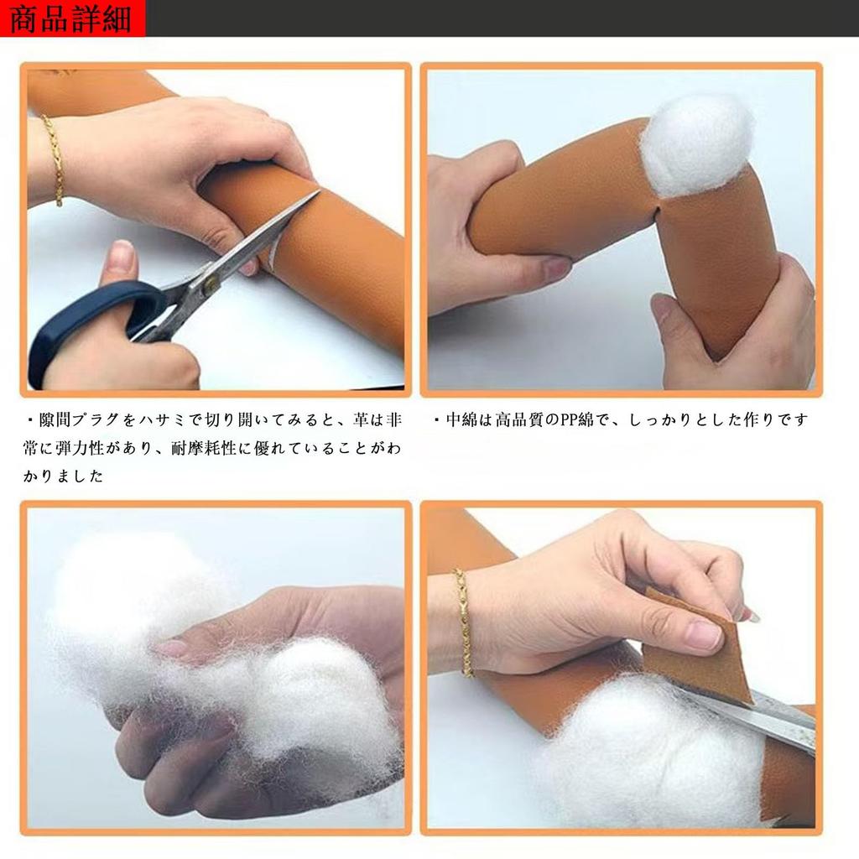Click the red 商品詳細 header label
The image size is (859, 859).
[x=72, y=18]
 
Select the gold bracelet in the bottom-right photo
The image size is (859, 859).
[x=463, y=622]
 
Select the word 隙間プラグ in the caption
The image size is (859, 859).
[x=80, y=420]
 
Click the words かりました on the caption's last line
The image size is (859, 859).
[x=63, y=476]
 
